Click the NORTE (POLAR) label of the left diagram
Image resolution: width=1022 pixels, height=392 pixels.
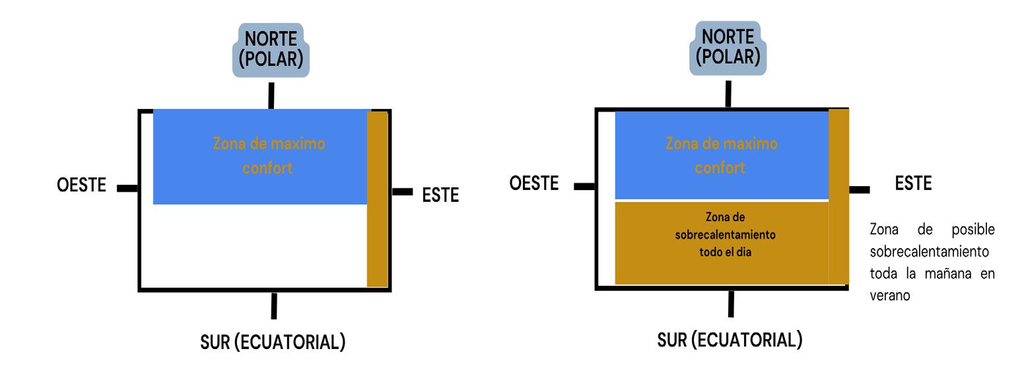coord(271,49)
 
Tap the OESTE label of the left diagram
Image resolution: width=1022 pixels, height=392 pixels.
coord(81,185)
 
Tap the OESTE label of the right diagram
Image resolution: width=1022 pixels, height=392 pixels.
coord(533,183)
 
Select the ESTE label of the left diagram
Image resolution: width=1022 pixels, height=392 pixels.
coord(440,195)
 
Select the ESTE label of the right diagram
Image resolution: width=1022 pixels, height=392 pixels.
coord(913,184)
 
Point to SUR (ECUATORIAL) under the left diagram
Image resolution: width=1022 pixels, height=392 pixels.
coord(273,342)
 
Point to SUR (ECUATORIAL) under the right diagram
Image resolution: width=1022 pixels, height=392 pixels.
coord(730,340)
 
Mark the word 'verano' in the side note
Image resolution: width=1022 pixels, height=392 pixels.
coord(889,296)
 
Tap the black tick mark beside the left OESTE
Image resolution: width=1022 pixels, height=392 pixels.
coord(127,189)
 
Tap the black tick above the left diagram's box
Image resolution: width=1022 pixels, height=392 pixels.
coord(271,96)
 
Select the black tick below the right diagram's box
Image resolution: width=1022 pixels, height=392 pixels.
coord(731,304)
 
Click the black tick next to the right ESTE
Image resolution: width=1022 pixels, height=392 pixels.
coord(859,190)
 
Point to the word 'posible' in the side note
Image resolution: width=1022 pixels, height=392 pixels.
coord(972,230)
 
